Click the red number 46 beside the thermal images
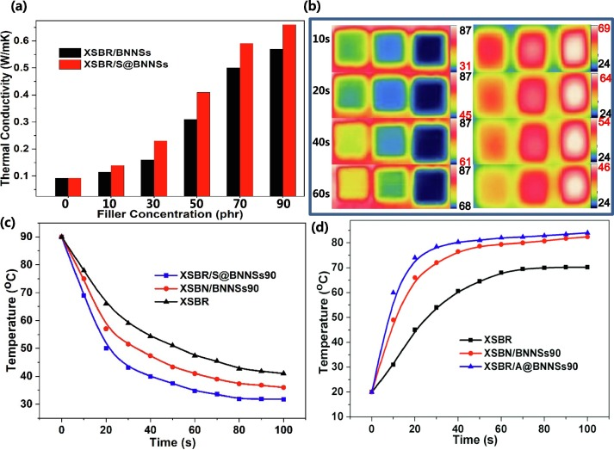[x=600, y=161]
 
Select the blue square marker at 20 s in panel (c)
[x=107, y=348]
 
